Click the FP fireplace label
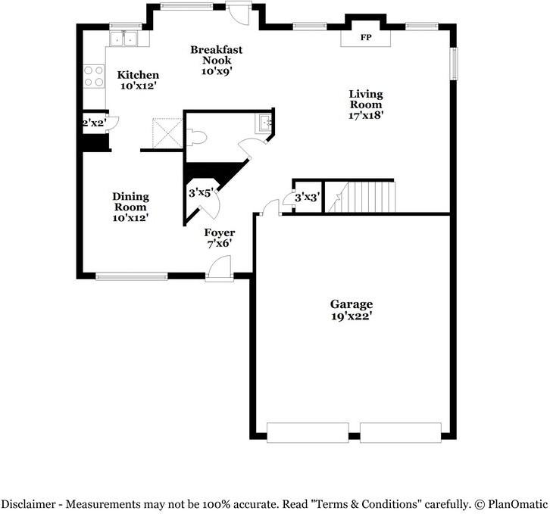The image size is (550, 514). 366,37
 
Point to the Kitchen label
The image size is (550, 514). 137,80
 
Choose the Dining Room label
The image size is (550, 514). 131,207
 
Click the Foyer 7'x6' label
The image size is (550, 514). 220,238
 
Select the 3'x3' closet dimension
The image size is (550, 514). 307,198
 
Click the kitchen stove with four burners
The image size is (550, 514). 94,76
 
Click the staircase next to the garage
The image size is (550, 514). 367,197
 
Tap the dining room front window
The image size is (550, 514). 131,276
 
